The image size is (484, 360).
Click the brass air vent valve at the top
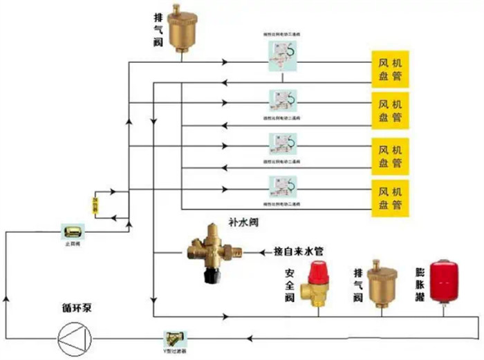[183, 28]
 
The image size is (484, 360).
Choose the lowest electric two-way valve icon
[283, 187]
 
